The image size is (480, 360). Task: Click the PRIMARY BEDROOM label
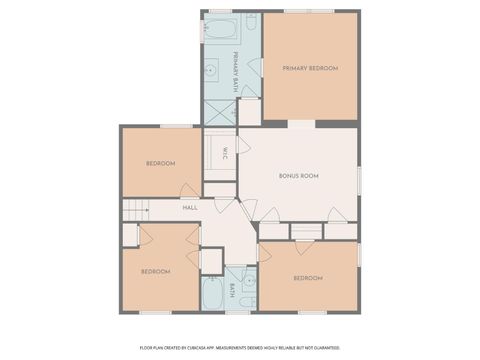pyautogui.click(x=310, y=68)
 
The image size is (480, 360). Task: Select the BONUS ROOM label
pyautogui.click(x=298, y=176)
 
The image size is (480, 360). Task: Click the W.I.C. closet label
pyautogui.click(x=225, y=152)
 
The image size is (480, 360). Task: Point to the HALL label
pyautogui.click(x=189, y=208)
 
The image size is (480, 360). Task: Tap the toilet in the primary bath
pyautogui.click(x=251, y=22)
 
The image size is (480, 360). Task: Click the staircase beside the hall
pyautogui.click(x=135, y=210)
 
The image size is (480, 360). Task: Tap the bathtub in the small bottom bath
pyautogui.click(x=213, y=293)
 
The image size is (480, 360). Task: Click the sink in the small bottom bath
pyautogui.click(x=245, y=276)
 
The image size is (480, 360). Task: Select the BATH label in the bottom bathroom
pyautogui.click(x=232, y=291)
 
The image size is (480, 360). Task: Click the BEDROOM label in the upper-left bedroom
pyautogui.click(x=160, y=163)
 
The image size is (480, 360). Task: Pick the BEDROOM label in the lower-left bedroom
pyautogui.click(x=155, y=271)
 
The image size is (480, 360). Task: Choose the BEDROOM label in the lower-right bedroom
pyautogui.click(x=307, y=277)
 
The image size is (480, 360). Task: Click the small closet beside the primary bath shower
pyautogui.click(x=249, y=111)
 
